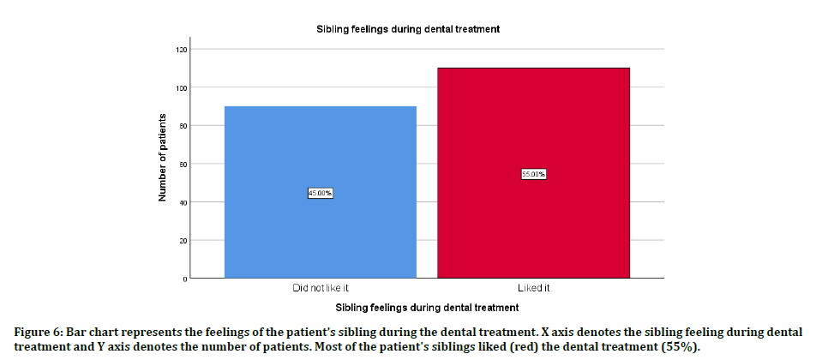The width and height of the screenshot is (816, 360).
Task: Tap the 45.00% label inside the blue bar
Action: pyautogui.click(x=320, y=193)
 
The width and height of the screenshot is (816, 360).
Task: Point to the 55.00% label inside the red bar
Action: pyautogui.click(x=533, y=174)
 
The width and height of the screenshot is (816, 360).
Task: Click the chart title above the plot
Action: pyautogui.click(x=408, y=29)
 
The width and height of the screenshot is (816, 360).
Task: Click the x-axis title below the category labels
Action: pyautogui.click(x=426, y=307)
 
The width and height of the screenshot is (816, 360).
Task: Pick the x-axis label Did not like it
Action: pyautogui.click(x=320, y=288)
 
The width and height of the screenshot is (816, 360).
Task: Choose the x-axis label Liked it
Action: pyautogui.click(x=533, y=288)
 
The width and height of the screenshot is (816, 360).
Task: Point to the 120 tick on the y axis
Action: pyautogui.click(x=180, y=49)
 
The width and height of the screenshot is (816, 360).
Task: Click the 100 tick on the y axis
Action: pyautogui.click(x=180, y=87)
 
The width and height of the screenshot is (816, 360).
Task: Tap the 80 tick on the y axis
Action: pyautogui.click(x=182, y=126)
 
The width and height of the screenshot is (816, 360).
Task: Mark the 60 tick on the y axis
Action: pyautogui.click(x=182, y=164)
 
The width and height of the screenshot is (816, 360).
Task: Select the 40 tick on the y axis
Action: pyautogui.click(x=182, y=202)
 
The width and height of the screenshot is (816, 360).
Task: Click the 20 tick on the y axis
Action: pyautogui.click(x=182, y=241)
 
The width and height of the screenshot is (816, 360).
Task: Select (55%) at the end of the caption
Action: pyautogui.click(x=682, y=347)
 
